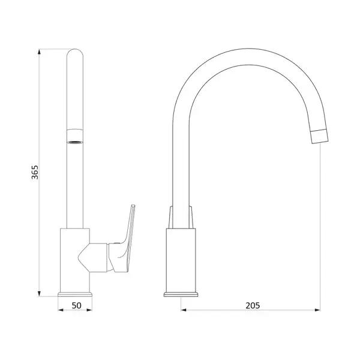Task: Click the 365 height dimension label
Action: coord(35,172)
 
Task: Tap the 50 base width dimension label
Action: coord(76,305)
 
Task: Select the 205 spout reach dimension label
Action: coord(253,305)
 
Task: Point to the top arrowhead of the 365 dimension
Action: coord(39,52)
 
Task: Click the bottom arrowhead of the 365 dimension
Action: coord(39,293)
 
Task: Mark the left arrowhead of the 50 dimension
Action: coord(61,310)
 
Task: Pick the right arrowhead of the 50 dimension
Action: coord(89,310)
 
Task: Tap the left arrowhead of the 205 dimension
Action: coord(184,310)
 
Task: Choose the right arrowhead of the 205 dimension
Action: coord(317,310)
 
